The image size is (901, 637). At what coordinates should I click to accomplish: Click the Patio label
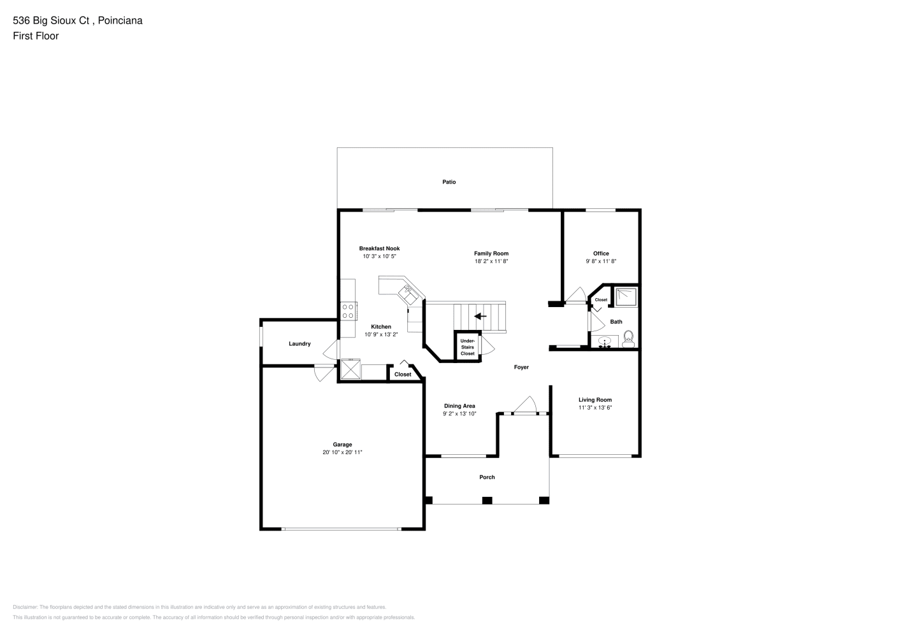(x=449, y=182)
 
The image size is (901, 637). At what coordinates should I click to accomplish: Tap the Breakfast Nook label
(x=379, y=248)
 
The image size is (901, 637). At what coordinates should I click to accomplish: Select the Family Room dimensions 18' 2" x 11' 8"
(x=491, y=261)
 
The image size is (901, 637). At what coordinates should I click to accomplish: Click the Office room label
(x=601, y=254)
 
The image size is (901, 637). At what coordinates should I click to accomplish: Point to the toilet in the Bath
(x=628, y=339)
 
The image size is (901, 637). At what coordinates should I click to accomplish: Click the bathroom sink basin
(x=605, y=341)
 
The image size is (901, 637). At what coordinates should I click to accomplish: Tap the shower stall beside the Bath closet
(x=626, y=297)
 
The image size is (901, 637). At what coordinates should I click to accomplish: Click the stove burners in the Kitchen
(x=349, y=311)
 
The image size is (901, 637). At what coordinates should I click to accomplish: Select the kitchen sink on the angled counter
(x=408, y=295)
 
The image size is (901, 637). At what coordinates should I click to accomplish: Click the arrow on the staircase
(x=480, y=316)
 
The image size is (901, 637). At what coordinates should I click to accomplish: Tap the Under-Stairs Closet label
(x=468, y=347)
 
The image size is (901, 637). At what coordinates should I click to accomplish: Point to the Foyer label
(x=521, y=367)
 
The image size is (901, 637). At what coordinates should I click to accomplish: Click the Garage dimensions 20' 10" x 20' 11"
(x=342, y=452)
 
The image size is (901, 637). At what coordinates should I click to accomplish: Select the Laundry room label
(x=299, y=344)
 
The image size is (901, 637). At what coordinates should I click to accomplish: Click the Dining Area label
(x=459, y=406)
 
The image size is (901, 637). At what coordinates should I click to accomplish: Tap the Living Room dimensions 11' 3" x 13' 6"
(x=595, y=408)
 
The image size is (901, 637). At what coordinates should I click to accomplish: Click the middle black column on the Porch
(x=487, y=500)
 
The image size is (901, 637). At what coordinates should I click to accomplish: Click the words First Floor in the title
(x=36, y=36)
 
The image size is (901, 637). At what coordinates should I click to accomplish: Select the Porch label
(x=487, y=477)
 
